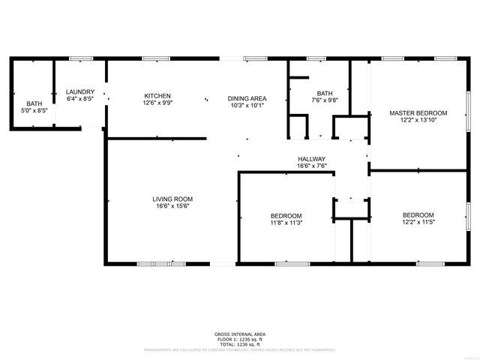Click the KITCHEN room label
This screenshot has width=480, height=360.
[x=157, y=96]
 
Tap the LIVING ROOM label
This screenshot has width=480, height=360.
[x=173, y=199]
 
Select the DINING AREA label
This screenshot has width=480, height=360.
[x=247, y=98]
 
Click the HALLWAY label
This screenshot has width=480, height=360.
[x=311, y=159]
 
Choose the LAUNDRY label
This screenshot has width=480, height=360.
[x=80, y=91]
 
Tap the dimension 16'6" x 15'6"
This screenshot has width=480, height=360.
[x=173, y=206]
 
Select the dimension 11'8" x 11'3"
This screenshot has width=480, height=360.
[x=286, y=222]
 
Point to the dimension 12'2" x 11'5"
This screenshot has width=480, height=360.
[x=418, y=222]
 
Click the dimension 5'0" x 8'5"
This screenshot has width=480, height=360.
[x=34, y=110]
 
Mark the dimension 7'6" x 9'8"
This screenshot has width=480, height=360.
[x=325, y=100]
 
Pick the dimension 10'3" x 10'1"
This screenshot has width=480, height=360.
[x=247, y=105]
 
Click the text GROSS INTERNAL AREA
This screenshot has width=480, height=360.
[x=239, y=334]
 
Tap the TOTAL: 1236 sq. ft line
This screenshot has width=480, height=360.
[x=239, y=343]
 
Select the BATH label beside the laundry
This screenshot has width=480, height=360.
[x=34, y=103]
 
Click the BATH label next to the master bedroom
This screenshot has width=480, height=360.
[x=325, y=93]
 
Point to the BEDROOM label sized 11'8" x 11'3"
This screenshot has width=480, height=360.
[x=286, y=215]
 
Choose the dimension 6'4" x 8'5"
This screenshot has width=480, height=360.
[x=80, y=98]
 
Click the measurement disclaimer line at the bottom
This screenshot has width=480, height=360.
[x=239, y=349]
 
